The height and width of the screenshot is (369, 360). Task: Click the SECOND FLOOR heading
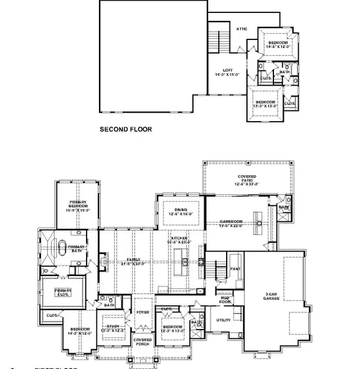click(126, 130)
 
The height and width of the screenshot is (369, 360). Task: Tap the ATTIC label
click(242, 28)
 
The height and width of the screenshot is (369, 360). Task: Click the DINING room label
click(181, 212)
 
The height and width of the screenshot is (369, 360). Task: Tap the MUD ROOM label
click(225, 300)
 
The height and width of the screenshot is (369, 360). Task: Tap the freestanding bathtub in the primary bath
click(61, 249)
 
